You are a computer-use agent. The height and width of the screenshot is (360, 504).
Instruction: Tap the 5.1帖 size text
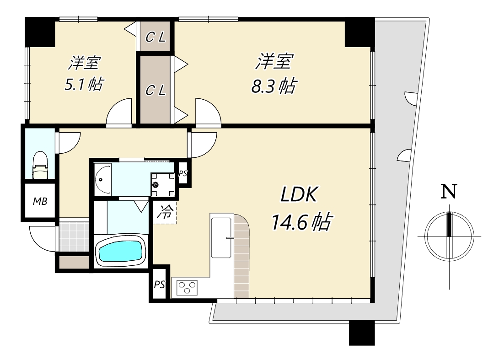84,84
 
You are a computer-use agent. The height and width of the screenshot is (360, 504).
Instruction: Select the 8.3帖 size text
273,86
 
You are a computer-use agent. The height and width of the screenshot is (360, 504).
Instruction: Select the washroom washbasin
103,179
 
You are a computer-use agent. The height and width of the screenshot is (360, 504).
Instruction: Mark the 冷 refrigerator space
166,212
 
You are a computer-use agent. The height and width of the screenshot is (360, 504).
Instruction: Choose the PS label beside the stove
159,285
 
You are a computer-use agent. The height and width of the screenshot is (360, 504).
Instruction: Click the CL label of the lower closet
155,90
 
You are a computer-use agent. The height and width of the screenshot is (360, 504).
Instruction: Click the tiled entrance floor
73,236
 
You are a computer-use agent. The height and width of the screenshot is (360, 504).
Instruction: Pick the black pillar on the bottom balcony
361,333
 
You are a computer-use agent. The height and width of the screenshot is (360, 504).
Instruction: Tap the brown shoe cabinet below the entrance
74,263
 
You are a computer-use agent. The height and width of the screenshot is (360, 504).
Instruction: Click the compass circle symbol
449,236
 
